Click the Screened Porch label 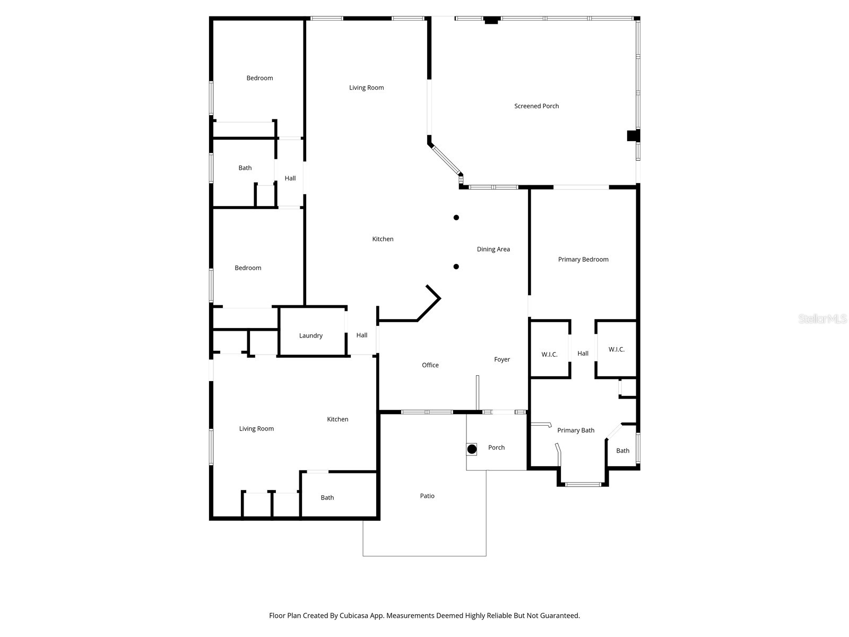(x=536, y=106)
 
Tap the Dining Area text (x=493, y=249)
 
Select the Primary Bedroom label (x=583, y=259)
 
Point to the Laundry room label (x=310, y=335)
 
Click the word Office (x=430, y=365)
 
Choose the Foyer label (x=501, y=359)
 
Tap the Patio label (x=427, y=496)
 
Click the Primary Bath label (x=576, y=430)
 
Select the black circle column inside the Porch (x=472, y=449)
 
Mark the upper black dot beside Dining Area (x=456, y=217)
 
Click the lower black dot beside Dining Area (x=456, y=266)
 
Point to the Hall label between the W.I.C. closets (x=583, y=353)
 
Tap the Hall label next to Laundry (x=362, y=335)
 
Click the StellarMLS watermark (x=822, y=318)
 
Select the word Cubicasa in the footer (x=354, y=615)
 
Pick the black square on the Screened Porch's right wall (x=633, y=136)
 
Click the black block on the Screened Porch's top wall (x=491, y=20)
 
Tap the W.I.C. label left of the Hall (x=549, y=354)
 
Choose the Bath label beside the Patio (x=327, y=497)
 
